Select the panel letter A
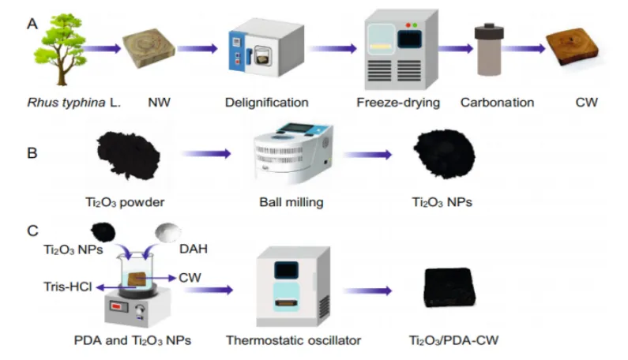click(32, 23)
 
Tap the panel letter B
click(32, 151)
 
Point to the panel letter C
click(32, 231)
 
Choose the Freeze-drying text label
click(397, 103)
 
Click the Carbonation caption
click(498, 103)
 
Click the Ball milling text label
click(291, 202)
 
